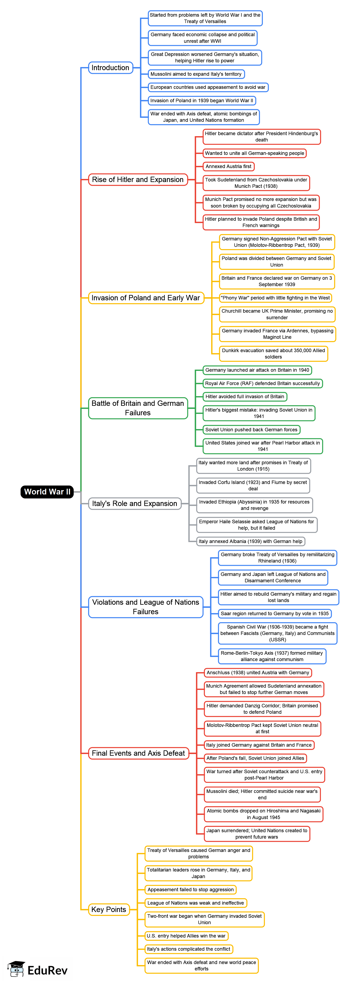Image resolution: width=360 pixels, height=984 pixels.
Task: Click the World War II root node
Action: tap(47, 492)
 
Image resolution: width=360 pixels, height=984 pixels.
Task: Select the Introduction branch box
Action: tap(111, 68)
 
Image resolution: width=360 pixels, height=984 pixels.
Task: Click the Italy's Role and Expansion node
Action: tap(135, 504)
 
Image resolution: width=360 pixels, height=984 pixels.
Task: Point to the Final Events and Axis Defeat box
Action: tap(138, 753)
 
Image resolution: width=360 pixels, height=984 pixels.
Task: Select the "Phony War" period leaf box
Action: tap(275, 298)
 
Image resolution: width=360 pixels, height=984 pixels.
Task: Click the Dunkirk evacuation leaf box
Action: tap(273, 353)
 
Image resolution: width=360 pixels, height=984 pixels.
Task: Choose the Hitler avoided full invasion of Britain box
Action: tap(245, 397)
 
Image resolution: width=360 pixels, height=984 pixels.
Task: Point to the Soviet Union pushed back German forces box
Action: tap(251, 430)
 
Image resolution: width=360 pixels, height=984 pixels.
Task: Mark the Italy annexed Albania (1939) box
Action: tap(250, 541)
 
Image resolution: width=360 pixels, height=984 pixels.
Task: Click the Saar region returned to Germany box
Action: tap(274, 614)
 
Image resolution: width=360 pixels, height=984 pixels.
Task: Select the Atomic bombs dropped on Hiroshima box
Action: tap(263, 814)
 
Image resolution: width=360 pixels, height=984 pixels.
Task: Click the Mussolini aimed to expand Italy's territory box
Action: tap(196, 74)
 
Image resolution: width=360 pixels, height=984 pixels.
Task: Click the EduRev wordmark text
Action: tap(47, 970)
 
